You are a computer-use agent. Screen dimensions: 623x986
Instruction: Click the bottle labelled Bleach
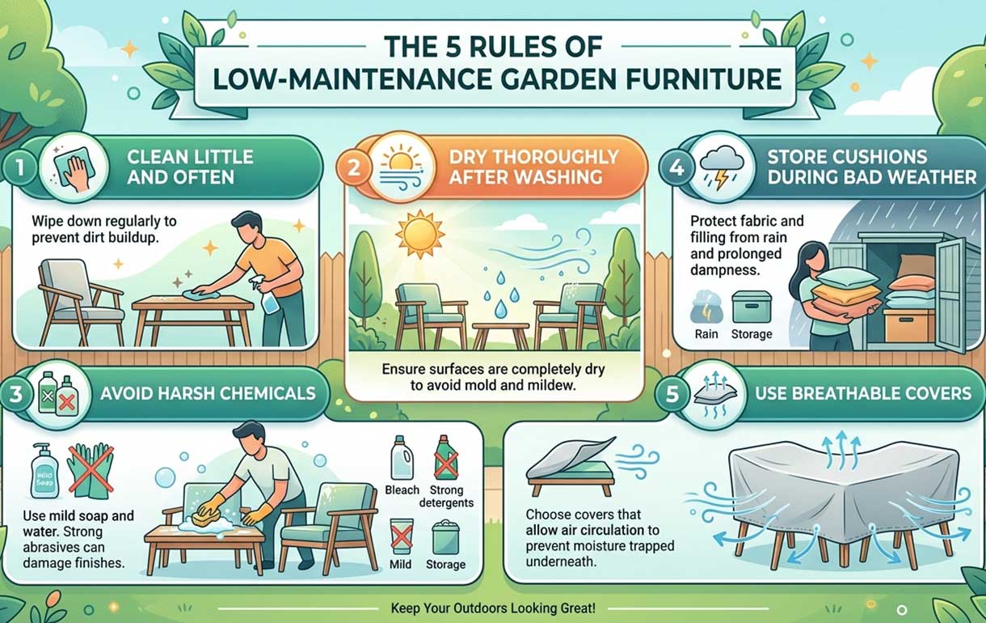[x=402, y=459]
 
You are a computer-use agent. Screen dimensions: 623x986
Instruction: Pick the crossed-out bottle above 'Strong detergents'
[x=445, y=458]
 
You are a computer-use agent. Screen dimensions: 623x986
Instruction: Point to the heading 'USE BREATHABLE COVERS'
[x=862, y=393]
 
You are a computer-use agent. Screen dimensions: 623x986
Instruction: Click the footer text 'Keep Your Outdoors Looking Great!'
[x=492, y=608]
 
